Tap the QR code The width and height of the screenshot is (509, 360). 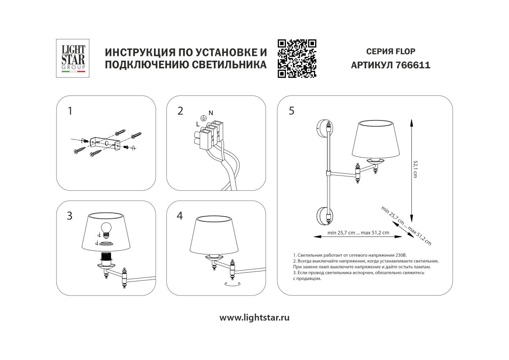[297, 59]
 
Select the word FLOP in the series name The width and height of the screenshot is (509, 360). [406, 52]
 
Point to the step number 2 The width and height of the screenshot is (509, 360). [180, 111]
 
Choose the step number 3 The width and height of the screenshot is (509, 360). [70, 216]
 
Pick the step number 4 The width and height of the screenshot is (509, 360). [180, 216]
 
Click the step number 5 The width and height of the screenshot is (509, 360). [291, 111]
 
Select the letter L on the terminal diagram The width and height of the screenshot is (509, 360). [198, 123]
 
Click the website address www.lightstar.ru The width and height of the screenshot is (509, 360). [255, 318]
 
